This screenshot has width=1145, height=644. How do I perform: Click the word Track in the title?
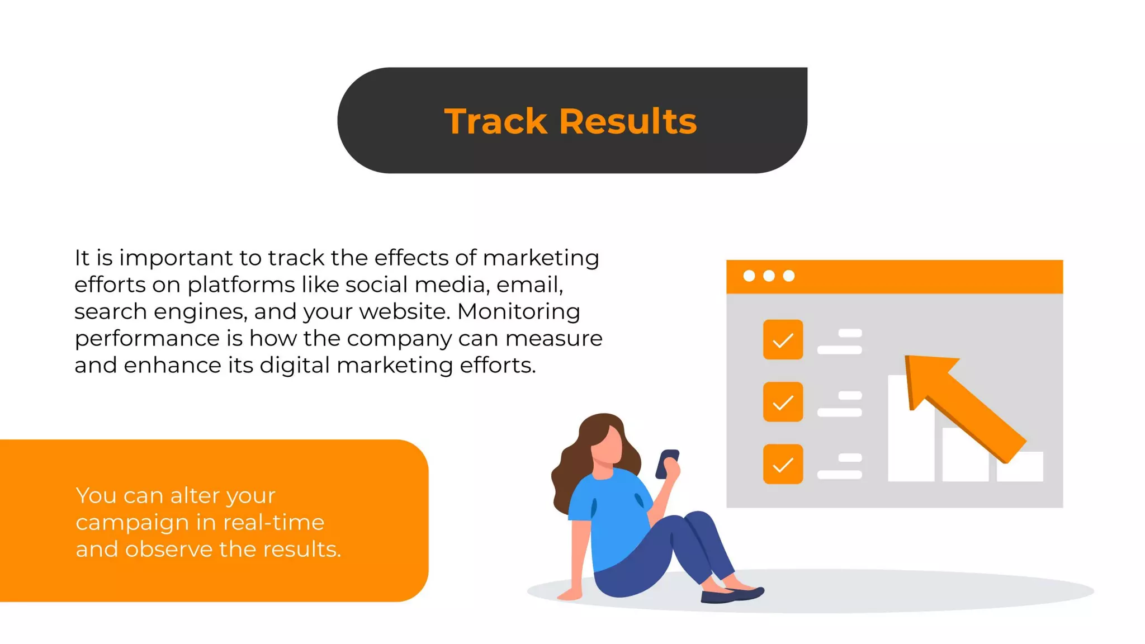pyautogui.click(x=495, y=121)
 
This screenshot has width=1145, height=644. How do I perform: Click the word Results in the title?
pyautogui.click(x=628, y=121)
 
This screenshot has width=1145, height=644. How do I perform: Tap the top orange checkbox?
pyautogui.click(x=783, y=339)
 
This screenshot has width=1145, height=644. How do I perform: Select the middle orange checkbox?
pyautogui.click(x=783, y=402)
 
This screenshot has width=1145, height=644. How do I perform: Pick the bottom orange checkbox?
pyautogui.click(x=783, y=464)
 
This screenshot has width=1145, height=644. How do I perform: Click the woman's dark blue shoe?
pyautogui.click(x=732, y=595)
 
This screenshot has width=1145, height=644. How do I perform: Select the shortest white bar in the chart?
pyautogui.click(x=1020, y=467)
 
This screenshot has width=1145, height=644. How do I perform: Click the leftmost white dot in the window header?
pyautogui.click(x=749, y=276)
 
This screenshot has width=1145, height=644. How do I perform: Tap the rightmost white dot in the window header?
pyautogui.click(x=789, y=276)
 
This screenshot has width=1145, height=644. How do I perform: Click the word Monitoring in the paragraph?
pyautogui.click(x=518, y=312)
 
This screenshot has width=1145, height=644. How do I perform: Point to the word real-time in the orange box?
pyautogui.click(x=273, y=523)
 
